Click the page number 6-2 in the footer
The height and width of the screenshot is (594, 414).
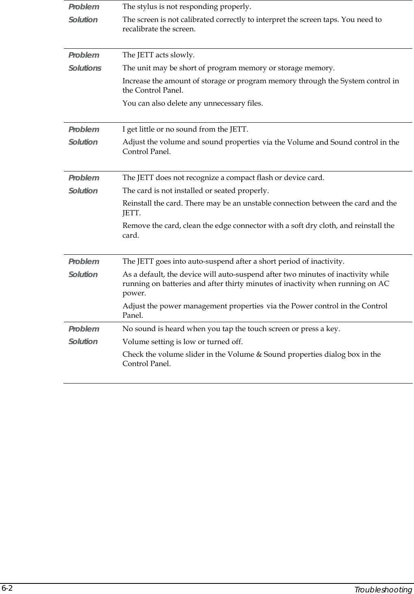pyautogui.click(x=7, y=589)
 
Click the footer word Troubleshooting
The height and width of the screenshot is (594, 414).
pyautogui.click(x=383, y=590)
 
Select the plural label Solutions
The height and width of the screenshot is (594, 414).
pyautogui.click(x=85, y=68)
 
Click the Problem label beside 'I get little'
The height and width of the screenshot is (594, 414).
pyautogui.click(x=84, y=129)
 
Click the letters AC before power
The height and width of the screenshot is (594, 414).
pyautogui.click(x=384, y=284)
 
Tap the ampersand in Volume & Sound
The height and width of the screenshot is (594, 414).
pyautogui.click(x=259, y=354)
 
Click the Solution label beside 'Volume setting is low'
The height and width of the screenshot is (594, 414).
pyautogui.click(x=83, y=341)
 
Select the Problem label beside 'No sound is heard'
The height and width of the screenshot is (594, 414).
pyautogui.click(x=84, y=329)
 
